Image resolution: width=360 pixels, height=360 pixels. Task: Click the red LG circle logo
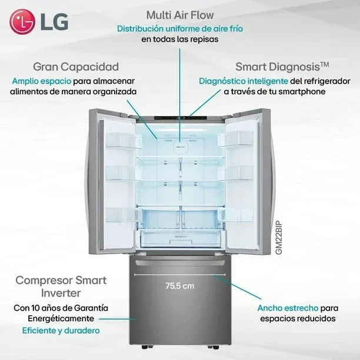(x=22, y=22)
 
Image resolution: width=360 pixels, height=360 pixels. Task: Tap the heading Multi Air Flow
(x=180, y=15)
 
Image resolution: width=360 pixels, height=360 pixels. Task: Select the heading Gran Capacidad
(x=76, y=67)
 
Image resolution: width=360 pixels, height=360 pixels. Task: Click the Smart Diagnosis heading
(x=282, y=67)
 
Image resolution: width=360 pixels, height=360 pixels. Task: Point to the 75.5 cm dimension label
(x=180, y=286)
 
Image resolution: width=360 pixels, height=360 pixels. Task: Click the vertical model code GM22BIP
(x=279, y=238)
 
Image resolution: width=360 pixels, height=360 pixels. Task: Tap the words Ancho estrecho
(x=288, y=308)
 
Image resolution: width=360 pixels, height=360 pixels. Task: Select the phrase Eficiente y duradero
(x=61, y=331)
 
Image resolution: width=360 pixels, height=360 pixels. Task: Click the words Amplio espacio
(x=42, y=81)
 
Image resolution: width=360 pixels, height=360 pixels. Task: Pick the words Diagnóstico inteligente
(x=244, y=81)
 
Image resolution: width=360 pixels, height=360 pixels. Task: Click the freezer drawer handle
(x=180, y=263)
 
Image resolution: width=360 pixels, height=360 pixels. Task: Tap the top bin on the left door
(x=124, y=141)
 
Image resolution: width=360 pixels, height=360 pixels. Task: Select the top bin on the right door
(x=235, y=139)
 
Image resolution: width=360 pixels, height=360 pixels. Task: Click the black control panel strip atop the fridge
(x=180, y=118)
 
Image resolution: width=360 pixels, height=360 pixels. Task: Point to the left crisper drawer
(x=160, y=218)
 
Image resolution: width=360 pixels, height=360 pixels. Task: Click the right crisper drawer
(x=201, y=218)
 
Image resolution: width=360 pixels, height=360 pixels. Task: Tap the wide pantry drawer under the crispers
(x=181, y=239)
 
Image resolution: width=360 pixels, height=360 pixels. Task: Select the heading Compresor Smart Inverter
(x=61, y=286)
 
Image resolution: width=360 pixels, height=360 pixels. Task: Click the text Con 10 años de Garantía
(x=61, y=308)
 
